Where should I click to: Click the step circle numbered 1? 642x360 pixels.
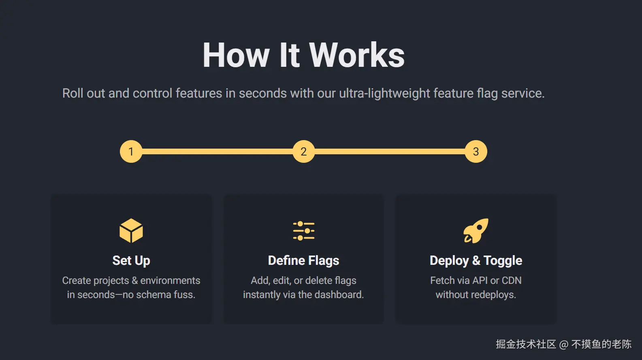pos(131,151)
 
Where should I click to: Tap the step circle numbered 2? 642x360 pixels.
pos(303,151)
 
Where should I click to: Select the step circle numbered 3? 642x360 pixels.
pos(476,151)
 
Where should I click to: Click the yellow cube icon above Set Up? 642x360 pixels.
pos(131,231)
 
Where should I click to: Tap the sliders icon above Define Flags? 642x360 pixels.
pos(303,231)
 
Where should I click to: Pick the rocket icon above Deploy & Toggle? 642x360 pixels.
pos(476,231)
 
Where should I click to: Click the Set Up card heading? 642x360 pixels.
pos(131,260)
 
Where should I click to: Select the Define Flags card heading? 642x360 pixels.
pos(303,260)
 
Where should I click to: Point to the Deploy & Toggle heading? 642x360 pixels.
pos(476,260)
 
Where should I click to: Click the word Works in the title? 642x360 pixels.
pos(357,55)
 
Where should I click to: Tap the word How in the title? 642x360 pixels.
pos(236,55)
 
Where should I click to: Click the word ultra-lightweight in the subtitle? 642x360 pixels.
pos(384,94)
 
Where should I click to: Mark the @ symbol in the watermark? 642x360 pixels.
pos(563,345)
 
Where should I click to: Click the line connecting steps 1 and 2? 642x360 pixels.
pos(217,151)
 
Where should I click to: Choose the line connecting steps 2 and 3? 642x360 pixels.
pos(390,151)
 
